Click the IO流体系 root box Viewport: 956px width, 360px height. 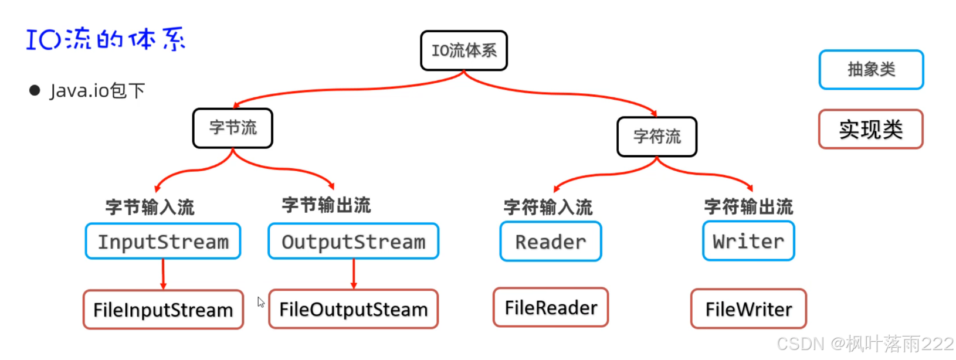(463, 50)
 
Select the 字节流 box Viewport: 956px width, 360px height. (233, 128)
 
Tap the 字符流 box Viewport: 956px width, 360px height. (657, 137)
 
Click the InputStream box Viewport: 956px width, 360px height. (163, 241)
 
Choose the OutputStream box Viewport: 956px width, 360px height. (353, 241)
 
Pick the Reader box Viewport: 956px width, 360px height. (550, 242)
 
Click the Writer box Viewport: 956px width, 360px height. (748, 241)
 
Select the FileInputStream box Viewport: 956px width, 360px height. (163, 310)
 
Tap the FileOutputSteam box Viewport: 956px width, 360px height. (353, 309)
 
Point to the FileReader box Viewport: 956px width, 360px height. (550, 307)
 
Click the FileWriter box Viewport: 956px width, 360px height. (748, 309)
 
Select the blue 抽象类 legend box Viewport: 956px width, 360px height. (871, 70)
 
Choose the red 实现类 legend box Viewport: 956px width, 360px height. (870, 129)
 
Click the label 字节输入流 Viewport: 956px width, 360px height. (150, 207)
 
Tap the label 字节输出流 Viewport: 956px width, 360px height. (326, 205)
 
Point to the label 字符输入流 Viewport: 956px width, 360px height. (548, 207)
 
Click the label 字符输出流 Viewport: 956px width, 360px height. (748, 206)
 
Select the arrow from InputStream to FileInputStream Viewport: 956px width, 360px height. (163, 274)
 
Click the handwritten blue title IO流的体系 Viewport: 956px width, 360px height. (106, 39)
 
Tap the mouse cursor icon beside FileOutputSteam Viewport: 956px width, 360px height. (260, 302)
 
